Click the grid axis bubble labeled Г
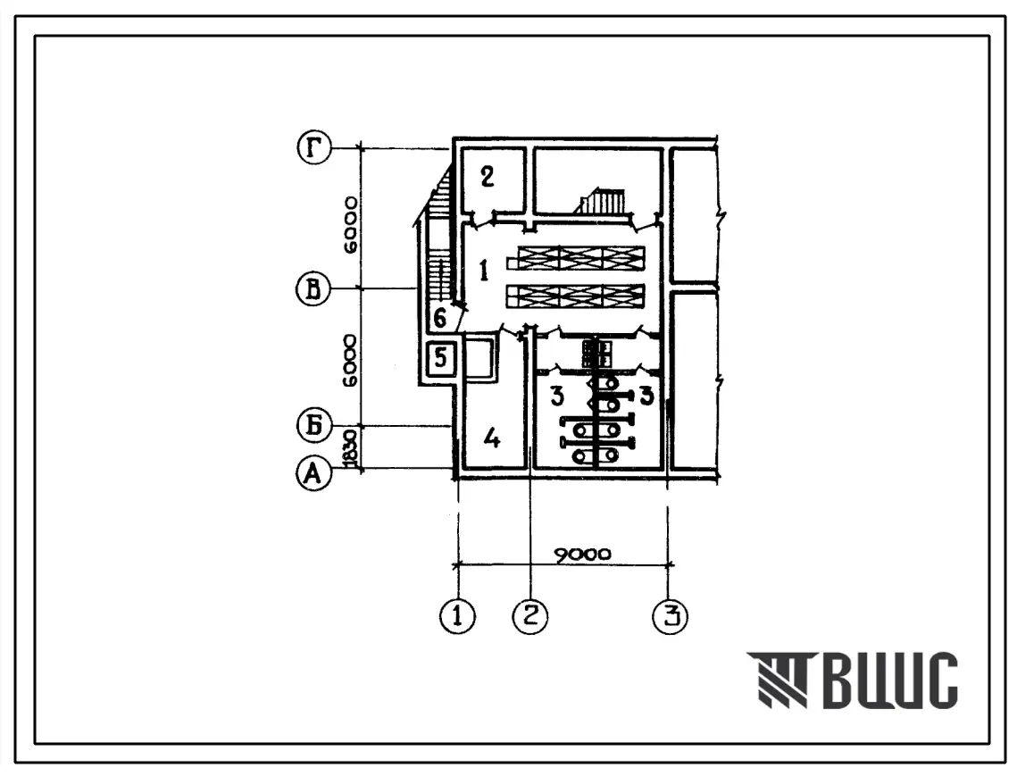pyautogui.click(x=314, y=148)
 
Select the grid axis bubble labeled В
pyautogui.click(x=314, y=288)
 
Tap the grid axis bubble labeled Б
pyautogui.click(x=314, y=426)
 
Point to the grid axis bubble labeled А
pyautogui.click(x=314, y=473)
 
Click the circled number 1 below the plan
pyautogui.click(x=458, y=615)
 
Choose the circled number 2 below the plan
pyautogui.click(x=530, y=615)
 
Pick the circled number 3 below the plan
pyautogui.click(x=670, y=615)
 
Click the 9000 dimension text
pyautogui.click(x=582, y=555)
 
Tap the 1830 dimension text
pyautogui.click(x=351, y=447)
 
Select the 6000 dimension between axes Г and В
pyautogui.click(x=350, y=225)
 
